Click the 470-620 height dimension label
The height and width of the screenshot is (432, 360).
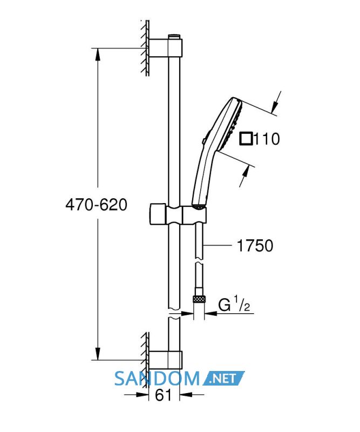(97, 205)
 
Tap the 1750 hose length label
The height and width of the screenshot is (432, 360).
(255, 246)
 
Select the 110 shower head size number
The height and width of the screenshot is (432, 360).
(266, 139)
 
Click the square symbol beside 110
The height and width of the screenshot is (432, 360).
(246, 139)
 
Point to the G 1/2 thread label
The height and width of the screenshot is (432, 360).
(234, 304)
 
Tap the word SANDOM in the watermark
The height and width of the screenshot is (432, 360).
(157, 379)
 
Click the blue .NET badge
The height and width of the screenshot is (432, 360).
(223, 379)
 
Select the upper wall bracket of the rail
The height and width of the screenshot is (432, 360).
(166, 48)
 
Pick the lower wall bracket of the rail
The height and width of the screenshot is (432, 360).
(166, 360)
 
